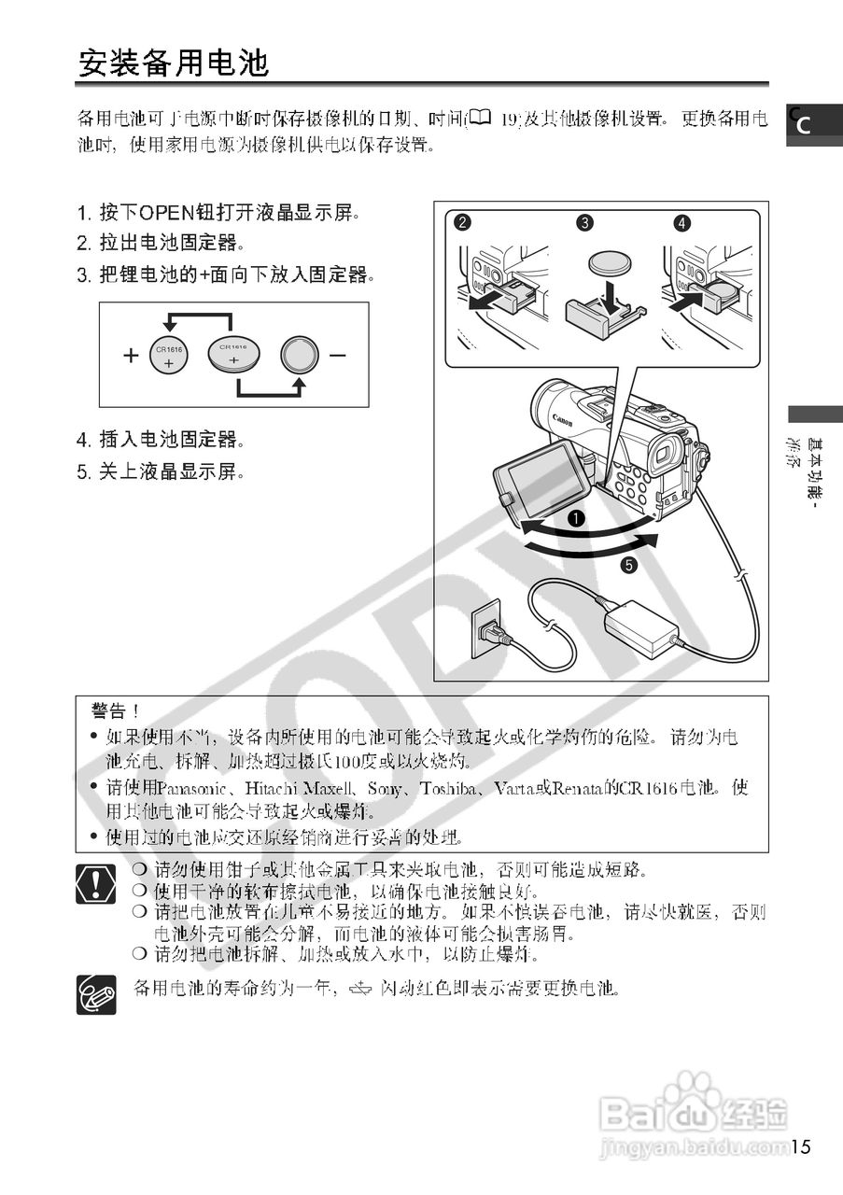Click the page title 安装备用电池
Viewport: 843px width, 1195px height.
(173, 63)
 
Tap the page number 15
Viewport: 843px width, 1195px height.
(805, 1146)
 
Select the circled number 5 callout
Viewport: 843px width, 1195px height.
(630, 565)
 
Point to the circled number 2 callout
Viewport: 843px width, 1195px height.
(462, 222)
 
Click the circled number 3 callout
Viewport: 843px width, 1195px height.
(584, 222)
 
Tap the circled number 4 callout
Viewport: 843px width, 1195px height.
(682, 222)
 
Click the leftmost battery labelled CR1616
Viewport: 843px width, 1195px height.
(169, 356)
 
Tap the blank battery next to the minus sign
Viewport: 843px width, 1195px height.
(299, 356)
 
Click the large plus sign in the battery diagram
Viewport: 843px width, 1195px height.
(131, 356)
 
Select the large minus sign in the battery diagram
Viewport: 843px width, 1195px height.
(337, 356)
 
